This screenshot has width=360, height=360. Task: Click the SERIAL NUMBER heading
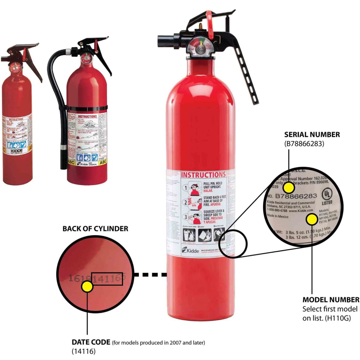coord(312,134)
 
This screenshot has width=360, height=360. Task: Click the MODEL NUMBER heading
coord(330,300)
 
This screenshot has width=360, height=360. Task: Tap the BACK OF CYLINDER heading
coord(95,229)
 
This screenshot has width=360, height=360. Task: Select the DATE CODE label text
coord(91,342)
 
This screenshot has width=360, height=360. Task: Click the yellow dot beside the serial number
coord(289,188)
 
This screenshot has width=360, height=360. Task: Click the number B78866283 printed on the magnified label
coord(296,196)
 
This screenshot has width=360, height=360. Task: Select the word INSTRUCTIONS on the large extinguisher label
coord(203,175)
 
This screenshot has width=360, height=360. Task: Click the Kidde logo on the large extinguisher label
coord(191,251)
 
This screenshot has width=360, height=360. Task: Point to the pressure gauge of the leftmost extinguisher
coord(15,66)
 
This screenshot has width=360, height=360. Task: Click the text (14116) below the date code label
coord(83,351)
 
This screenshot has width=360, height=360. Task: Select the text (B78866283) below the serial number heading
coord(304,143)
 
